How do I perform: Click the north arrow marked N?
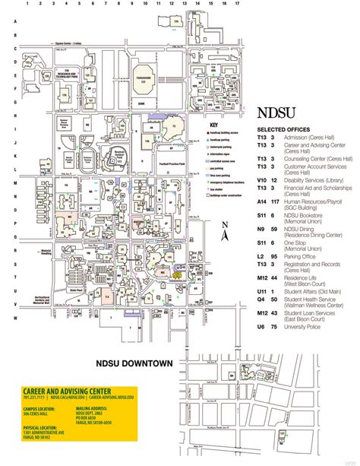coord(225,236)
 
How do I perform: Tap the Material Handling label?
coord(30,252)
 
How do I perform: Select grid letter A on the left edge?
coord(6,21)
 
